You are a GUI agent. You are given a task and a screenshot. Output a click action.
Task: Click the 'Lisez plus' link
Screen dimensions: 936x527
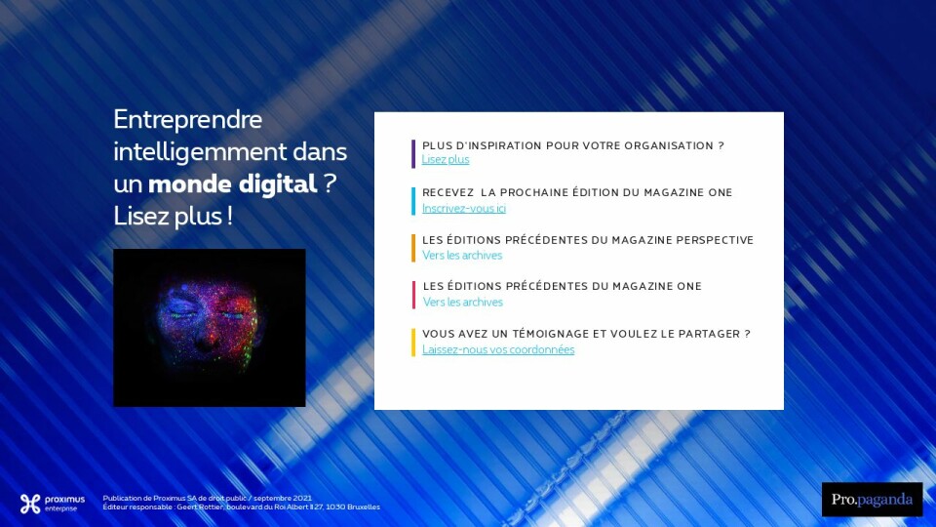click(x=446, y=159)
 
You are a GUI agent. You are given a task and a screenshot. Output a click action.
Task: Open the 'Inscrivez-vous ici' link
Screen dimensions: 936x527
click(x=464, y=208)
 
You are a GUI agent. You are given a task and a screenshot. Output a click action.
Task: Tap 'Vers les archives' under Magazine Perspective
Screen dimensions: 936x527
click(x=462, y=255)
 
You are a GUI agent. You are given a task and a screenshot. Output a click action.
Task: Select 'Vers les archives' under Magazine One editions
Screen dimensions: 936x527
click(x=462, y=302)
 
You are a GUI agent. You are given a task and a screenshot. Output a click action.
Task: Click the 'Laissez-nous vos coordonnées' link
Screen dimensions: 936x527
click(x=498, y=349)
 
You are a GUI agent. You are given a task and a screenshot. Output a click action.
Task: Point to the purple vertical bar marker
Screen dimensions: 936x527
click(x=413, y=154)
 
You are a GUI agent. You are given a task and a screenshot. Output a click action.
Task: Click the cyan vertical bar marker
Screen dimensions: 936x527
click(x=413, y=201)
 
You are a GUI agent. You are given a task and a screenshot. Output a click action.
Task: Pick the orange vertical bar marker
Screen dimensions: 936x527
click(x=413, y=249)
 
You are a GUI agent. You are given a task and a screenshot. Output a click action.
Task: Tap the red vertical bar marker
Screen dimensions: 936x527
click(x=413, y=295)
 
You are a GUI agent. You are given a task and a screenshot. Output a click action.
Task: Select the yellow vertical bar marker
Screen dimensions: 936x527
click(x=413, y=343)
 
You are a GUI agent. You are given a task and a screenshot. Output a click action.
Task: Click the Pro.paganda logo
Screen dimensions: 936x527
click(x=872, y=500)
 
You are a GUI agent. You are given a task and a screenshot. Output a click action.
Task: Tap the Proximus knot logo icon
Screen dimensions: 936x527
click(x=30, y=504)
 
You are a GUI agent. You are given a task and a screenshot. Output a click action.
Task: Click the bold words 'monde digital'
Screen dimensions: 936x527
click(x=232, y=184)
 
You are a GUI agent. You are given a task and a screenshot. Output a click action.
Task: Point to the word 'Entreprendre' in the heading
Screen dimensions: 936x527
click(x=187, y=119)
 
